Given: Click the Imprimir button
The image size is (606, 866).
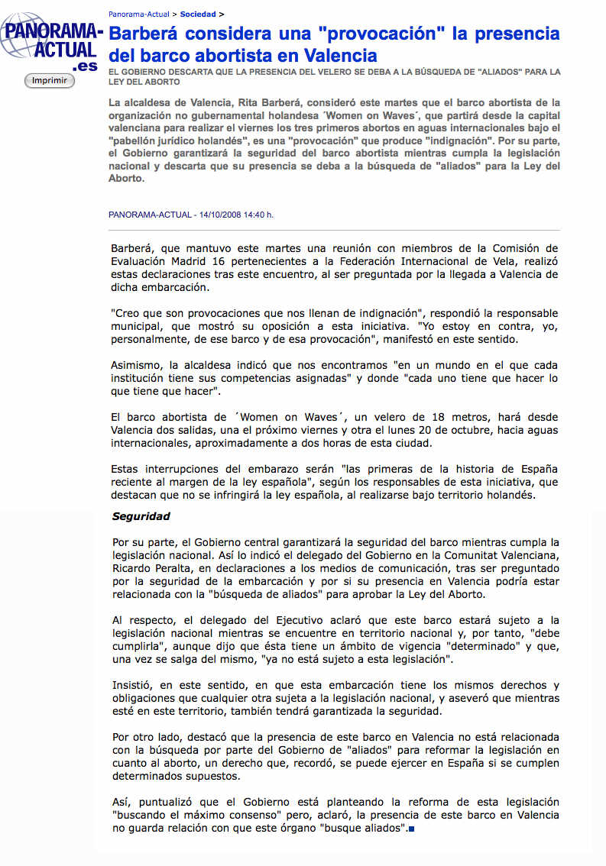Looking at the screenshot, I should [x=50, y=80].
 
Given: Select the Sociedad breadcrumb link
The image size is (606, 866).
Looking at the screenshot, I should [x=198, y=14].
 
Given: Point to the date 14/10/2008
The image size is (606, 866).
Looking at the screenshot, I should [x=220, y=215].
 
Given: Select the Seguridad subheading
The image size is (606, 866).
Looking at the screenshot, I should [x=141, y=516].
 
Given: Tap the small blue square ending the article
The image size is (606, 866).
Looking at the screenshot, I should [x=412, y=829].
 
